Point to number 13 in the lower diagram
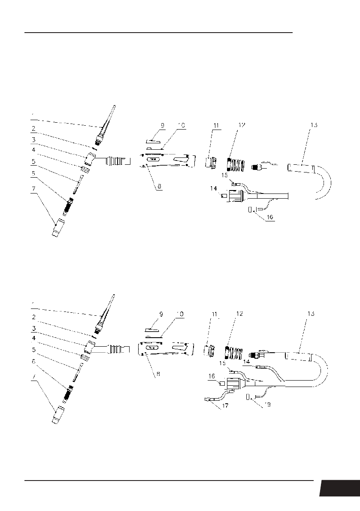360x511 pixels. (311, 314)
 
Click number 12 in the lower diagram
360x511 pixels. (240, 314)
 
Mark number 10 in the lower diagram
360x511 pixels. (180, 314)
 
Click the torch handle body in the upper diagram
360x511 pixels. (166, 160)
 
